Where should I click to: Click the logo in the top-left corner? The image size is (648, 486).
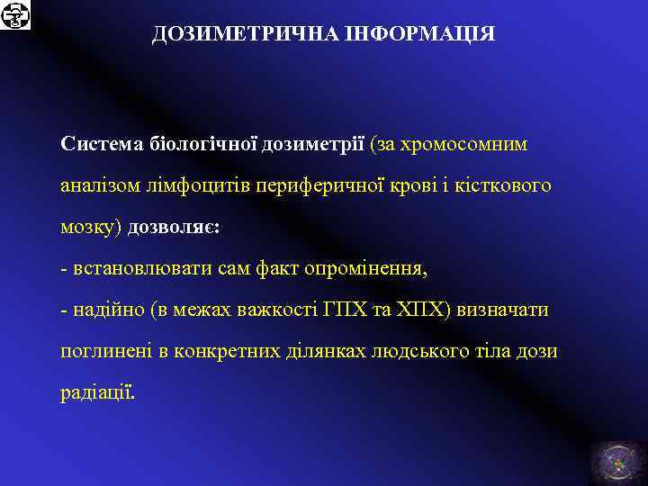(15, 15)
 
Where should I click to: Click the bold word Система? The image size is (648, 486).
(97, 143)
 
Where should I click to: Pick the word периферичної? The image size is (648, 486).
(314, 184)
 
